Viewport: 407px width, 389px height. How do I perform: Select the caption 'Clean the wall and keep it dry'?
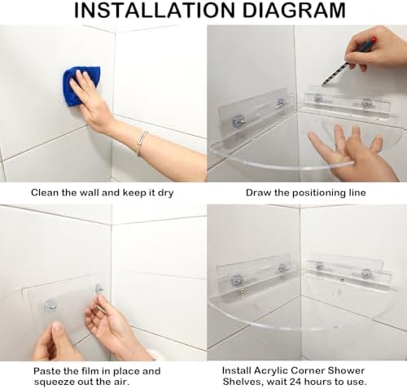point(103,193)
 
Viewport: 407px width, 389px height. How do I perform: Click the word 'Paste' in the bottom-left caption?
point(48,370)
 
